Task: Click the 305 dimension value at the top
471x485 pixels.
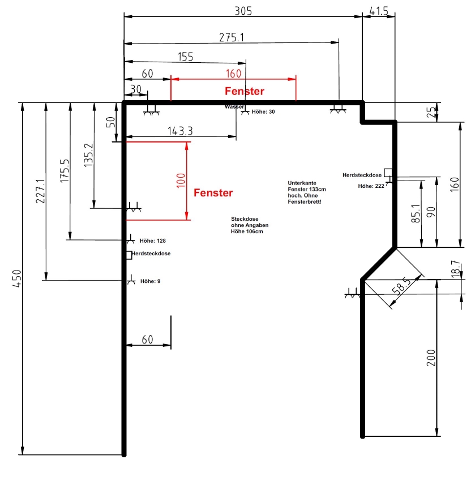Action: [243, 11]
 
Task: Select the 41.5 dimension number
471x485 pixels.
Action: [379, 11]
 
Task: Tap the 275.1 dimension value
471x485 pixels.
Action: [232, 37]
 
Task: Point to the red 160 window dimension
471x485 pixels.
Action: [233, 74]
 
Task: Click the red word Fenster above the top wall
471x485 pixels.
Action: [245, 91]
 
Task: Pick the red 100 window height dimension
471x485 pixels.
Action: [181, 181]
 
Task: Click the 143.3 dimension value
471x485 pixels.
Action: [180, 131]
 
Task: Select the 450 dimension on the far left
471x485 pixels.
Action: [18, 278]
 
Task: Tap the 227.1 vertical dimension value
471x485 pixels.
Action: [41, 191]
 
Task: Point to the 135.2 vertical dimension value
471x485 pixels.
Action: [88, 155]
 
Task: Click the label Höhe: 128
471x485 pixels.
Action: [152, 241]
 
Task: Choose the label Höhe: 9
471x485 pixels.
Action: [151, 281]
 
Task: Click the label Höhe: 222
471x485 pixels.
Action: [371, 186]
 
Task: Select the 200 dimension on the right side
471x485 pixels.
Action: [431, 358]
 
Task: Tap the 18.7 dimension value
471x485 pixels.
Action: [456, 269]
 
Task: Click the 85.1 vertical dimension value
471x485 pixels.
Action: [416, 213]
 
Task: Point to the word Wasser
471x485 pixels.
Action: [234, 107]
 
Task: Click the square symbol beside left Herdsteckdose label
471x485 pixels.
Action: [129, 255]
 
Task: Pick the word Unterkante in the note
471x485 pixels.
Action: [302, 183]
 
